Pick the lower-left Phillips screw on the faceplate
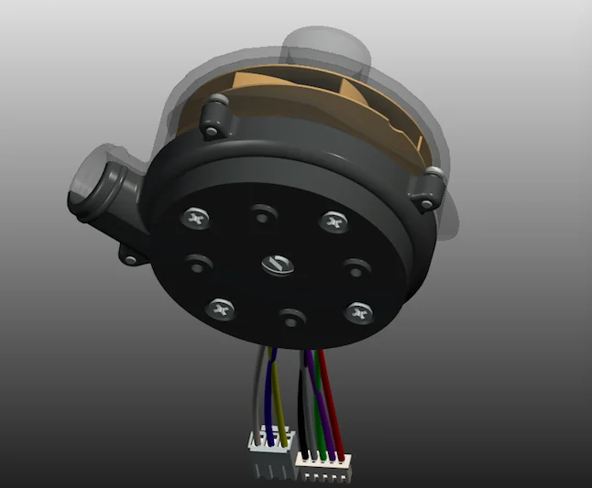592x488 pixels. [x=220, y=309]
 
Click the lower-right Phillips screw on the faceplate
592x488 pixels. [x=357, y=314]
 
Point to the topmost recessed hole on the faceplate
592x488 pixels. [x=263, y=215]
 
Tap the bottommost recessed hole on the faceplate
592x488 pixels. [x=291, y=319]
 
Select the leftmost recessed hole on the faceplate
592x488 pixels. [x=197, y=265]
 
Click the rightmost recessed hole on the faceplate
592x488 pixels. [x=355, y=268]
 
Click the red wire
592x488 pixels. [x=333, y=403]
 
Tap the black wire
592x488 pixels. [x=302, y=403]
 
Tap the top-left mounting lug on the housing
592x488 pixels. [x=214, y=118]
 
